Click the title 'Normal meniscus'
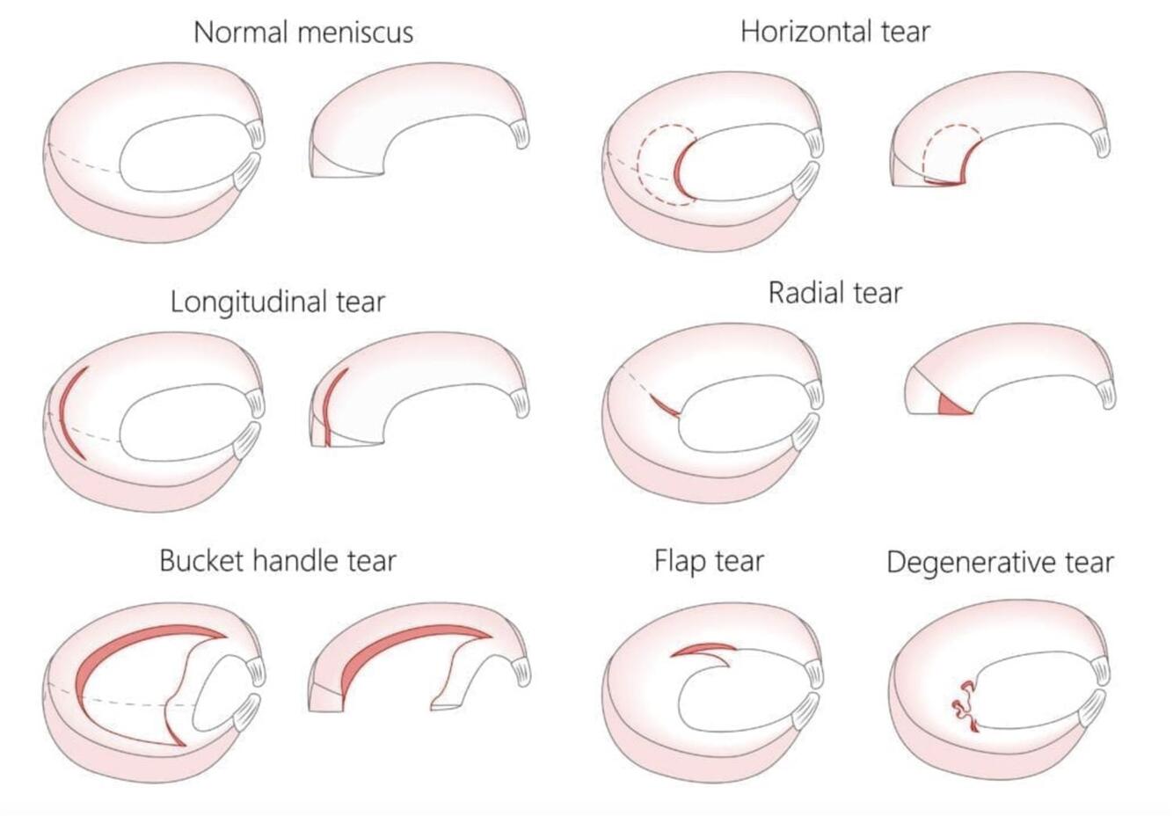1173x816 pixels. pyautogui.click(x=302, y=33)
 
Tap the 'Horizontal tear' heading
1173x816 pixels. pyautogui.click(x=834, y=32)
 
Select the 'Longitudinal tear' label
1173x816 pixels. pyautogui.click(x=278, y=302)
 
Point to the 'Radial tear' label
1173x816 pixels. pyautogui.click(x=834, y=292)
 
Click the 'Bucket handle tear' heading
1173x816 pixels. pyautogui.click(x=278, y=560)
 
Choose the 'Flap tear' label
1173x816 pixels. pyautogui.click(x=709, y=560)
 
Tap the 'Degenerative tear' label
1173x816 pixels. pyautogui.click(x=1000, y=562)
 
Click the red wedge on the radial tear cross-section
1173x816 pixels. pyautogui.click(x=952, y=406)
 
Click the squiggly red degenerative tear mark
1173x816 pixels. pyautogui.click(x=965, y=703)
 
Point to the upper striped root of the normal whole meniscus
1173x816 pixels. pyautogui.click(x=256, y=133)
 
